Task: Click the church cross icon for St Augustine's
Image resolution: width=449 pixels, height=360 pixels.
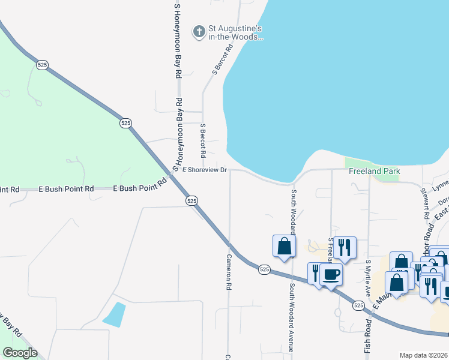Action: (x=199, y=31)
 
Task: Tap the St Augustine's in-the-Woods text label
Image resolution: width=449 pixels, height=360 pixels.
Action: (x=235, y=32)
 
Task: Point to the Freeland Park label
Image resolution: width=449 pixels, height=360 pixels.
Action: (x=375, y=171)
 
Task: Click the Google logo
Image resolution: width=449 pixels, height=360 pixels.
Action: (x=20, y=353)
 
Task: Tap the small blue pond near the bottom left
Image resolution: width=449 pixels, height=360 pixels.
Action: (x=114, y=314)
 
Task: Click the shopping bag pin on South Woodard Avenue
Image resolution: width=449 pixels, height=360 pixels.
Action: (x=284, y=245)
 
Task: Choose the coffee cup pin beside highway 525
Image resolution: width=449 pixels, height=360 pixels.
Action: (x=331, y=274)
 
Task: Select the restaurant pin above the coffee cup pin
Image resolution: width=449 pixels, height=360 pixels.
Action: (x=345, y=247)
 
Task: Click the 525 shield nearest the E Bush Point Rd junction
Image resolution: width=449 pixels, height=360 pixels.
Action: (x=191, y=201)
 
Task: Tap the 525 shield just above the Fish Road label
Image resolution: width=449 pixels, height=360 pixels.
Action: (x=358, y=305)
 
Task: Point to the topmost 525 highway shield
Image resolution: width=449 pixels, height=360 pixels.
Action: (x=42, y=65)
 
